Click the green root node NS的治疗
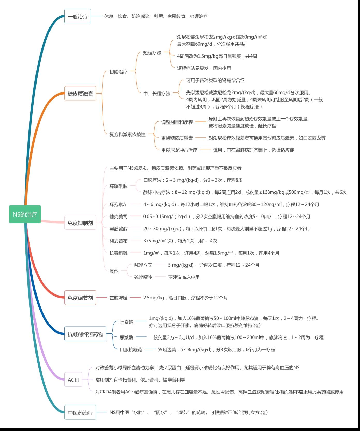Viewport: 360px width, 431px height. click(x=25, y=214)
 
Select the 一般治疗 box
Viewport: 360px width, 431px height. click(x=78, y=16)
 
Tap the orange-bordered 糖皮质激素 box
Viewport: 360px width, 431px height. click(x=80, y=93)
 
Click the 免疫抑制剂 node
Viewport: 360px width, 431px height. click(x=80, y=222)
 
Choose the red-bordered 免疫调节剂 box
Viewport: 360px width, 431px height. click(x=80, y=298)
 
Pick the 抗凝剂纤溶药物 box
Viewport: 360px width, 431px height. click(x=85, y=334)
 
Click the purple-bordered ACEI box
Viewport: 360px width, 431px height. click(x=73, y=380)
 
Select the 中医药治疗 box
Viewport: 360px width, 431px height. click(x=80, y=412)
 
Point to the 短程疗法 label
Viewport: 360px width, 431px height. click(x=152, y=53)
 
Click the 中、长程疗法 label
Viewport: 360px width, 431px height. click(x=157, y=94)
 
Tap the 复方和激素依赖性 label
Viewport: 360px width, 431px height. click(x=127, y=134)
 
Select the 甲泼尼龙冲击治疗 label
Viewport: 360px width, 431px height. click(x=179, y=150)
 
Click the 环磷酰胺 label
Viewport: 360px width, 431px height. click(x=118, y=186)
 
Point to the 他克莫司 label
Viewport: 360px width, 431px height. click(x=118, y=217)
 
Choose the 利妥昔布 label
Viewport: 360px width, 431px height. click(x=118, y=241)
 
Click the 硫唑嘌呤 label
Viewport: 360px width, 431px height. click(x=143, y=277)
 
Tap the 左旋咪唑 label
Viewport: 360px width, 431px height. click(x=118, y=298)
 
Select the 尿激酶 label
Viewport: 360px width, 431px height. click(x=126, y=337)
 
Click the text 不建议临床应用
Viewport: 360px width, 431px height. click(x=184, y=277)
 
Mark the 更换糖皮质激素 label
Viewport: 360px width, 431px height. click(x=177, y=138)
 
